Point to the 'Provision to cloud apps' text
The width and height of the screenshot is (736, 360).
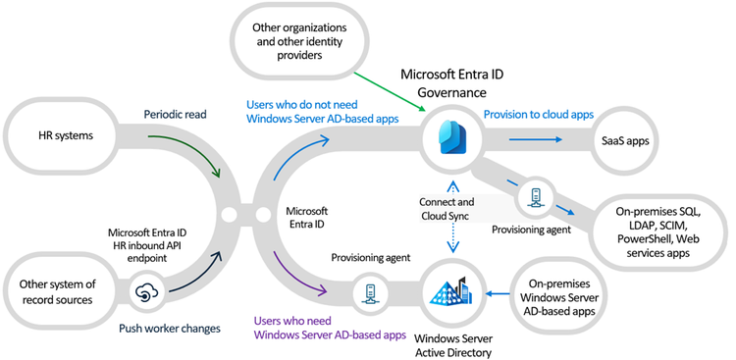pyautogui.click(x=538, y=114)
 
